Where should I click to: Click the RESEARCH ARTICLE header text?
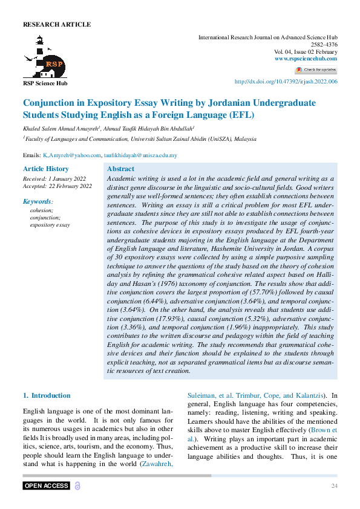[57, 25]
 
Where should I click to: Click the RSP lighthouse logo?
[45, 57]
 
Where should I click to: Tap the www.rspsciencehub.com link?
[306, 59]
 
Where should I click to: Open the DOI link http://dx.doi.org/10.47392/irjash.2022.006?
[286, 82]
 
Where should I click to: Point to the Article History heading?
[46, 169]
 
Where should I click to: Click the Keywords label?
[38, 201]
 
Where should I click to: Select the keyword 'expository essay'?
[50, 225]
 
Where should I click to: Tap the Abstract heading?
[120, 169]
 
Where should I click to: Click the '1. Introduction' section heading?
[47, 395]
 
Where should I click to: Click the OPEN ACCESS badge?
[46, 486]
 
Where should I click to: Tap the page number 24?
[334, 486]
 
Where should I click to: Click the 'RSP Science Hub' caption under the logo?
[45, 83]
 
